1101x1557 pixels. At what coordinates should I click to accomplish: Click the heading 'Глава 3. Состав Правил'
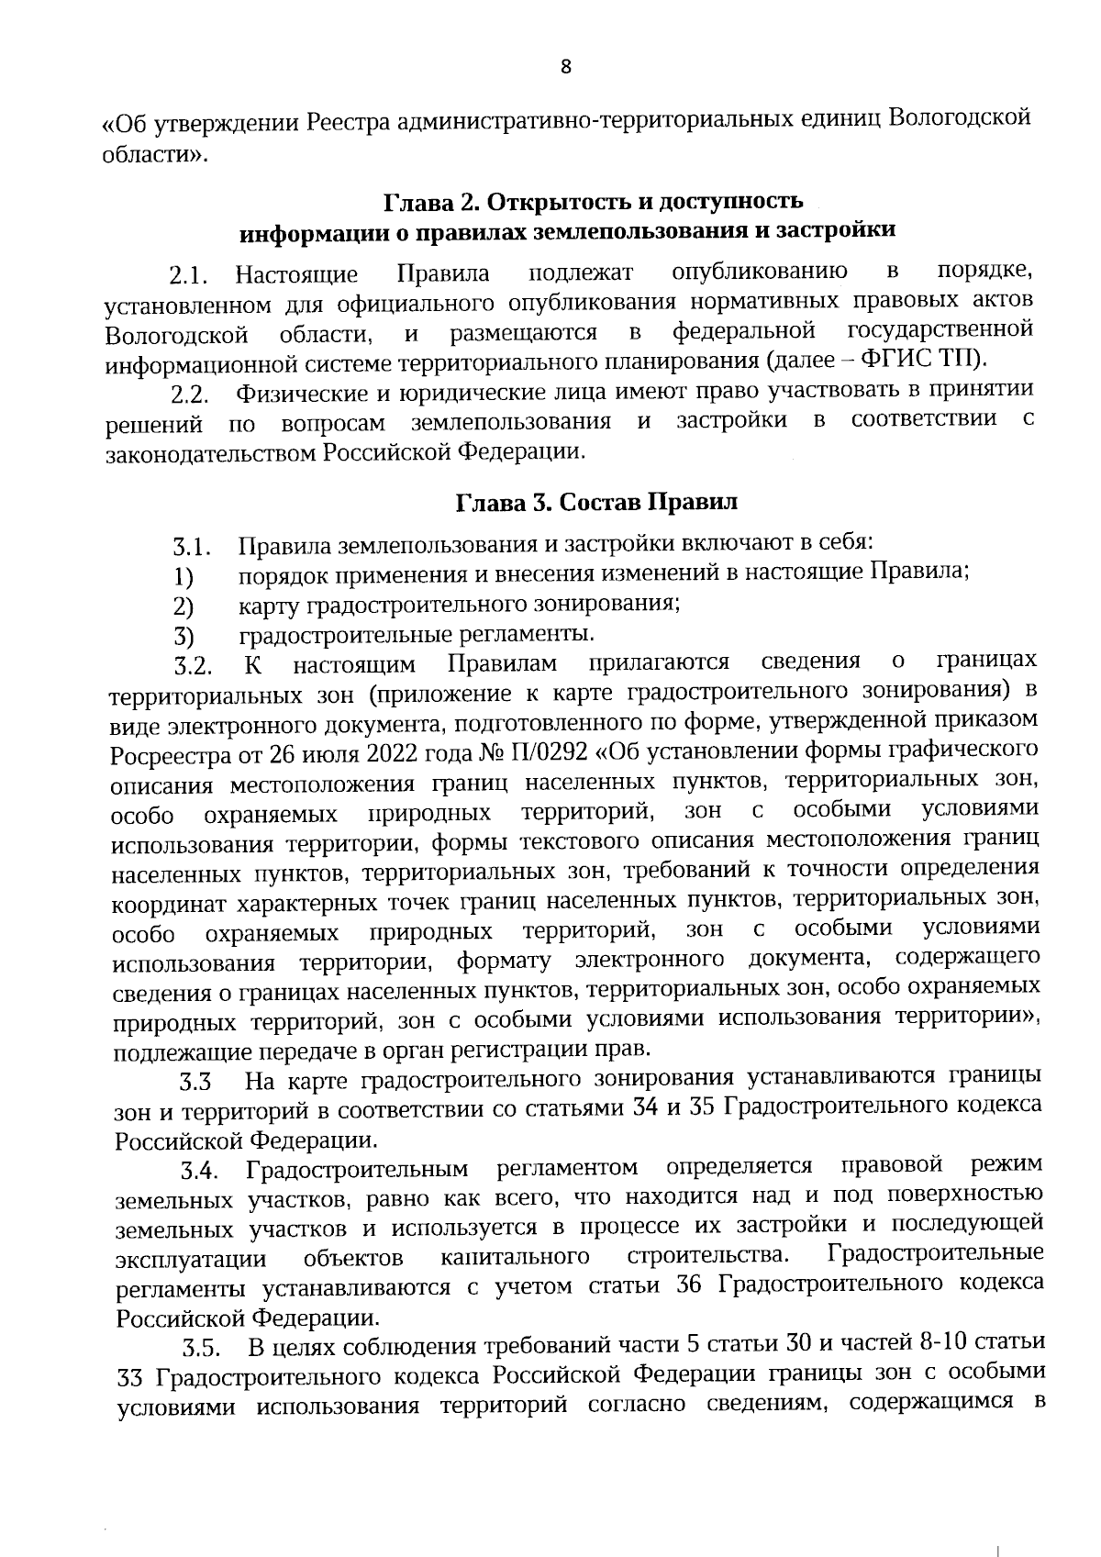(596, 503)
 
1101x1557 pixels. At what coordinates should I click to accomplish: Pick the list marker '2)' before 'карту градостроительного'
(183, 606)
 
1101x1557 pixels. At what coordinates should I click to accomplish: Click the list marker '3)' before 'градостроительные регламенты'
(183, 636)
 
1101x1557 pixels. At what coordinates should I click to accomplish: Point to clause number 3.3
(195, 1084)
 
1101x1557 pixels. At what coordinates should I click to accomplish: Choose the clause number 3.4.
(197, 1172)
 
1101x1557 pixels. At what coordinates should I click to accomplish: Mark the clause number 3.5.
(201, 1349)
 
